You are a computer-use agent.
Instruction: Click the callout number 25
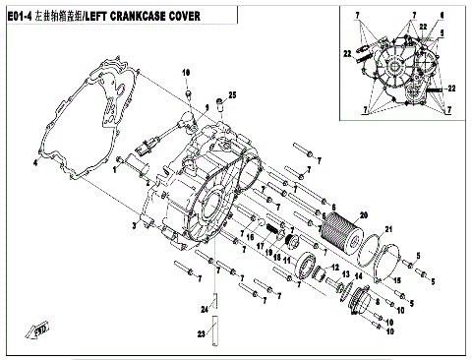point(233,93)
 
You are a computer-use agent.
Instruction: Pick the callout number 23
point(203,334)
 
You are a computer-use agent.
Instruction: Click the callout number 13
point(333,268)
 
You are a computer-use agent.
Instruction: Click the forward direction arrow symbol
point(41,330)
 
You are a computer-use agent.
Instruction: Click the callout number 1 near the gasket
point(114,169)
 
